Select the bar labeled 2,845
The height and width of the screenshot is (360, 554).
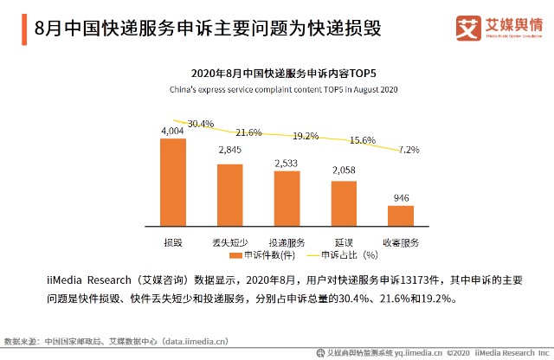click(229, 194)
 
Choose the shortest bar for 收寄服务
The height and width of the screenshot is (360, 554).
click(401, 215)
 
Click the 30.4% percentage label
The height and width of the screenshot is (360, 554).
click(200, 124)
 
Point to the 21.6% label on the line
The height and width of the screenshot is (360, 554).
click(248, 132)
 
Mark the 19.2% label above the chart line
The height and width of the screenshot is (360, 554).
click(306, 136)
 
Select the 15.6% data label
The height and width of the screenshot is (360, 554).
click(362, 140)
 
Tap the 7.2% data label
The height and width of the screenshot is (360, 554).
click(409, 150)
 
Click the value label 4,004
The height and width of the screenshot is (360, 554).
click(172, 131)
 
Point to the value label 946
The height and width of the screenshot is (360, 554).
click(401, 198)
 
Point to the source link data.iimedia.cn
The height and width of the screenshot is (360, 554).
click(195, 342)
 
